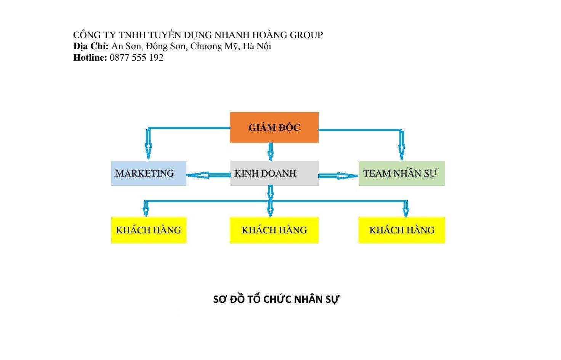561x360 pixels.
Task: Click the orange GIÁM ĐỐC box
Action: pyautogui.click(x=274, y=127)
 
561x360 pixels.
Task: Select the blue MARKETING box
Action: pyautogui.click(x=149, y=173)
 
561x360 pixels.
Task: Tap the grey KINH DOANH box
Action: pyautogui.click(x=274, y=173)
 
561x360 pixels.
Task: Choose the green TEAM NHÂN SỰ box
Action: pyautogui.click(x=402, y=173)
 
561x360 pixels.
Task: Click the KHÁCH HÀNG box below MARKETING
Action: pyautogui.click(x=149, y=230)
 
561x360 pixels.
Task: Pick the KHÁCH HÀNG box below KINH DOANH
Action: pyautogui.click(x=274, y=230)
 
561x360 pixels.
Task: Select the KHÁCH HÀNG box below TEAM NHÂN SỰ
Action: pyautogui.click(x=402, y=230)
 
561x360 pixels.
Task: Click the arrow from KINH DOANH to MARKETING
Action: pyautogui.click(x=208, y=175)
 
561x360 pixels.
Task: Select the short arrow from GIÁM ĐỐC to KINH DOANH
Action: pyautogui.click(x=271, y=151)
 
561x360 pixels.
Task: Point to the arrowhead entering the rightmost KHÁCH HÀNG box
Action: pyautogui.click(x=406, y=211)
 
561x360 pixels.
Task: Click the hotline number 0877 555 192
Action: pyautogui.click(x=136, y=58)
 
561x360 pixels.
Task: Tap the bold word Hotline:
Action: pyautogui.click(x=90, y=58)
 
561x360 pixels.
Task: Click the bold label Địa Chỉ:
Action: pyautogui.click(x=91, y=46)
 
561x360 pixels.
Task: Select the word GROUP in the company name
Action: pyautogui.click(x=306, y=35)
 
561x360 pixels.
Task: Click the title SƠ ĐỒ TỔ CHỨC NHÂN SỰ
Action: pyautogui.click(x=276, y=299)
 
